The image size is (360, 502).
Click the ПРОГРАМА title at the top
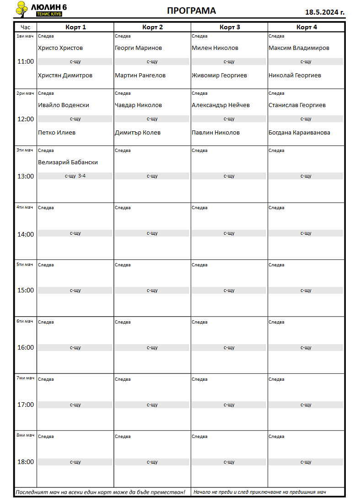click(x=191, y=11)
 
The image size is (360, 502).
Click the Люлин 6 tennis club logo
click(x=41, y=9)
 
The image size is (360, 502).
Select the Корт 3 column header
click(x=230, y=27)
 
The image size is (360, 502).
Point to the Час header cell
click(x=26, y=27)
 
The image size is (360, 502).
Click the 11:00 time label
click(x=26, y=62)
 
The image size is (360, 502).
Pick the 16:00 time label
click(x=26, y=347)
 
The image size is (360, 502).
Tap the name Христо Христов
click(x=60, y=48)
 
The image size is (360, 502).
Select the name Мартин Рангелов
click(x=140, y=76)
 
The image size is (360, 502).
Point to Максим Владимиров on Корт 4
click(x=299, y=48)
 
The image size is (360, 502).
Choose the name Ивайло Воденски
click(x=64, y=105)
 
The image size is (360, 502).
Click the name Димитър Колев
click(x=137, y=133)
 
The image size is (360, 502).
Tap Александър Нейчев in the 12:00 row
click(x=220, y=105)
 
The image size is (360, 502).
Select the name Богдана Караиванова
click(x=299, y=133)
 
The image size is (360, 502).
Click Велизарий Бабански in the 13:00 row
click(x=68, y=162)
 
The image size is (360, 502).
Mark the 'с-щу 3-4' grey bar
click(x=75, y=176)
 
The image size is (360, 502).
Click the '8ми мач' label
click(x=25, y=435)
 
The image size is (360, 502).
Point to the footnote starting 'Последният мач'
click(x=101, y=492)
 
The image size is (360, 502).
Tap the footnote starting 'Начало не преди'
click(x=259, y=492)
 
